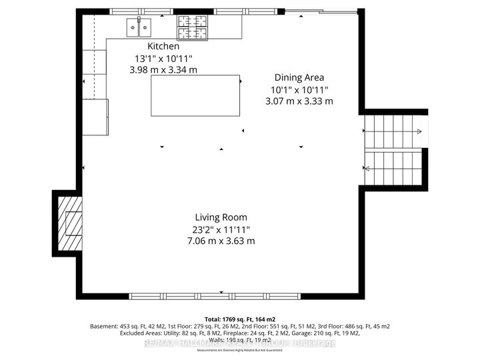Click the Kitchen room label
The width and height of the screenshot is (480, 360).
[x=163, y=47]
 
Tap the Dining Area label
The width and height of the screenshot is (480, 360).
[x=299, y=77]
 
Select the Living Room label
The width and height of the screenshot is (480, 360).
[x=221, y=217]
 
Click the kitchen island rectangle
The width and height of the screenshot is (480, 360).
[x=196, y=96]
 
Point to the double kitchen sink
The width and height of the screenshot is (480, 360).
[x=139, y=27]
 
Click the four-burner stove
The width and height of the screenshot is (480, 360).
[x=191, y=27]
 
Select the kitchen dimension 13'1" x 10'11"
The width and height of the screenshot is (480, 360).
[x=163, y=58]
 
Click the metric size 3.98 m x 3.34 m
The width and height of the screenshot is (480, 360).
[x=163, y=69]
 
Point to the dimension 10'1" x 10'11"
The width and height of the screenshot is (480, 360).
[x=299, y=89]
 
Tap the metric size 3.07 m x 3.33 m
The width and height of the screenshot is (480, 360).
[x=299, y=101]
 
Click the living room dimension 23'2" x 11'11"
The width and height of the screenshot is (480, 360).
[x=221, y=229]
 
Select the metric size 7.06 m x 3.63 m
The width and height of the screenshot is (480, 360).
[x=221, y=241]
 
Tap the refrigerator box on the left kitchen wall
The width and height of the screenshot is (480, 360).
[x=95, y=117]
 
